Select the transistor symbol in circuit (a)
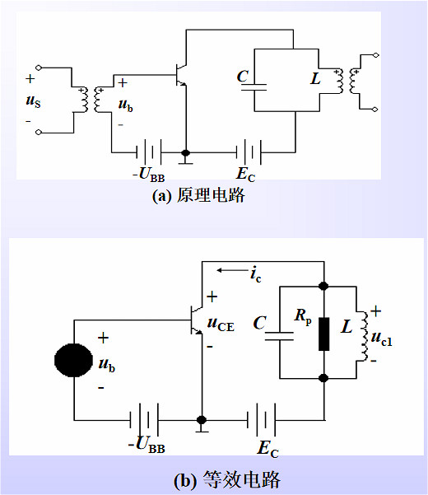[184, 75]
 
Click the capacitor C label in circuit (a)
[242, 77]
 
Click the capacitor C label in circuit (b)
[260, 324]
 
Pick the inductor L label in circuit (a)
[315, 79]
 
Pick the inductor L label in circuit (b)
[346, 327]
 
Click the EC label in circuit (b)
[267, 448]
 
